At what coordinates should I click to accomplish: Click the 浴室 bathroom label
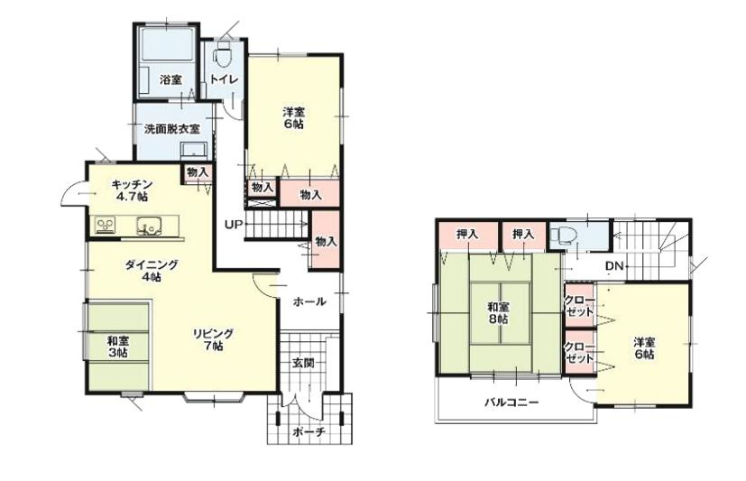coord(170,79)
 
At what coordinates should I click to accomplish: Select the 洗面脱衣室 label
coord(171,128)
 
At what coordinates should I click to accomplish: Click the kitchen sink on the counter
coord(150,225)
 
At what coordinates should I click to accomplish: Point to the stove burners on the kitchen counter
coord(106,224)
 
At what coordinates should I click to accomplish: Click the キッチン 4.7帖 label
coord(131,190)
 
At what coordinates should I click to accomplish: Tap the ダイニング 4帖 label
coord(152,270)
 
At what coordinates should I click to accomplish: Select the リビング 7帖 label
coord(213,339)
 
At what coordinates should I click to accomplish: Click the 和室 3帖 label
coord(117,347)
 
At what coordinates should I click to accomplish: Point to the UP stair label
coord(234,225)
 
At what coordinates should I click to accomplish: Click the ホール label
coord(309,301)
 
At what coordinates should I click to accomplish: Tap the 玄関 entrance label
coord(302,363)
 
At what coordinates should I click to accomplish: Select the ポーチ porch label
coord(309,432)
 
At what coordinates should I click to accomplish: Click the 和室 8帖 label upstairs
coord(500,312)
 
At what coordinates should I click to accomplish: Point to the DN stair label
coord(614,266)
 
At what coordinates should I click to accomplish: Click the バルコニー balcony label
coord(511,402)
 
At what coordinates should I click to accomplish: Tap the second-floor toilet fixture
coord(563,235)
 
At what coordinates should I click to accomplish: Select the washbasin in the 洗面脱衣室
coord(194,151)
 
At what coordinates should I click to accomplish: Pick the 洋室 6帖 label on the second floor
coord(644,348)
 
